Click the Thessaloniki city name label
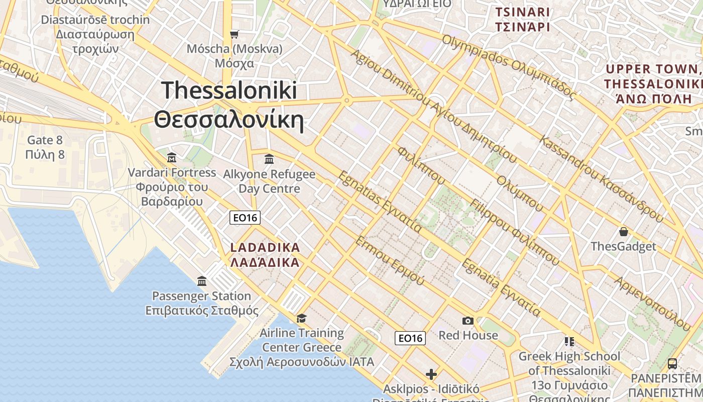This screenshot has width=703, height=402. pos(229,106)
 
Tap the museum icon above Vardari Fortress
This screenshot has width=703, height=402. pos(172,157)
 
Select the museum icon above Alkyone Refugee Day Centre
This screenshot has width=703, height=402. pos(269,159)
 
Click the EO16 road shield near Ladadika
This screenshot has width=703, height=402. pos(245,218)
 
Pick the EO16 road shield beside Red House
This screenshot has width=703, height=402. pos(410,338)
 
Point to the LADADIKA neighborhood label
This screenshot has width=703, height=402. pos(265,255)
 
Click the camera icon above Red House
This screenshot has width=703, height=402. pos(468,321)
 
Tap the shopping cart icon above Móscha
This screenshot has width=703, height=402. pos(234,34)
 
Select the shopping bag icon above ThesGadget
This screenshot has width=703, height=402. pos(623,232)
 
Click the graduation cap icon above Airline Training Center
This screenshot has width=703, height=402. pos(301,318)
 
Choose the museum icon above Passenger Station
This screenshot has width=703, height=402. pos(202,281)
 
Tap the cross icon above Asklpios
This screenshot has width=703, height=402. pos(431,374)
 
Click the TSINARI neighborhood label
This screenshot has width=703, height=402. pos(523,19)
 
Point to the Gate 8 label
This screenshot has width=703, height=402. pos(45,147)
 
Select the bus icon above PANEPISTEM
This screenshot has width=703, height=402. pos(672,363)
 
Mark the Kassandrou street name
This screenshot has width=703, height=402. pos(600,178)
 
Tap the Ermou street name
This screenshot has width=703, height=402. pos(390,260)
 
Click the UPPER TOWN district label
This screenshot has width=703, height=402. pos(653,83)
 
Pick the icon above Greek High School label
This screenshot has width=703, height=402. pos(569,342)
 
